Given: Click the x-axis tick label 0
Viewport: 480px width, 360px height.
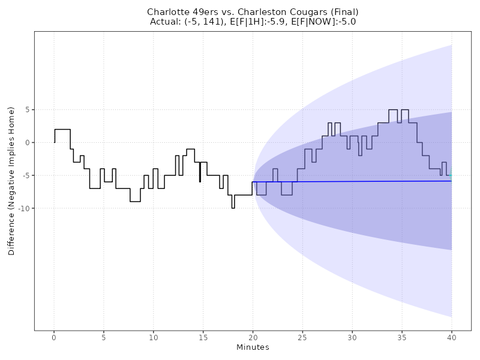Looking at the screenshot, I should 54,338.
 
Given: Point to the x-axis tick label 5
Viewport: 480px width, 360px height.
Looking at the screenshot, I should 104,338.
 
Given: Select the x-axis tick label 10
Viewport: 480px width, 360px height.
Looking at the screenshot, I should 154,338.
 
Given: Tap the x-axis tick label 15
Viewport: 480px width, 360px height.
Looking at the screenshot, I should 203,338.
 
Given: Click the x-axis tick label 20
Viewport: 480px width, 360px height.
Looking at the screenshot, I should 253,338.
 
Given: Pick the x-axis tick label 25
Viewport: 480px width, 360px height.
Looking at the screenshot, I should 302,338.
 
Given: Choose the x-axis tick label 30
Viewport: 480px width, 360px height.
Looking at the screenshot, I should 352,338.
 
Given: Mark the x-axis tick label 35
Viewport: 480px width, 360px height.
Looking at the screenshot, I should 402,338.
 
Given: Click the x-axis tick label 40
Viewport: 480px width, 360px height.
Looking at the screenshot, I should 451,338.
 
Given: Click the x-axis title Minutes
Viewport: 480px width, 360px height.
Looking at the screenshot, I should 253,347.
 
